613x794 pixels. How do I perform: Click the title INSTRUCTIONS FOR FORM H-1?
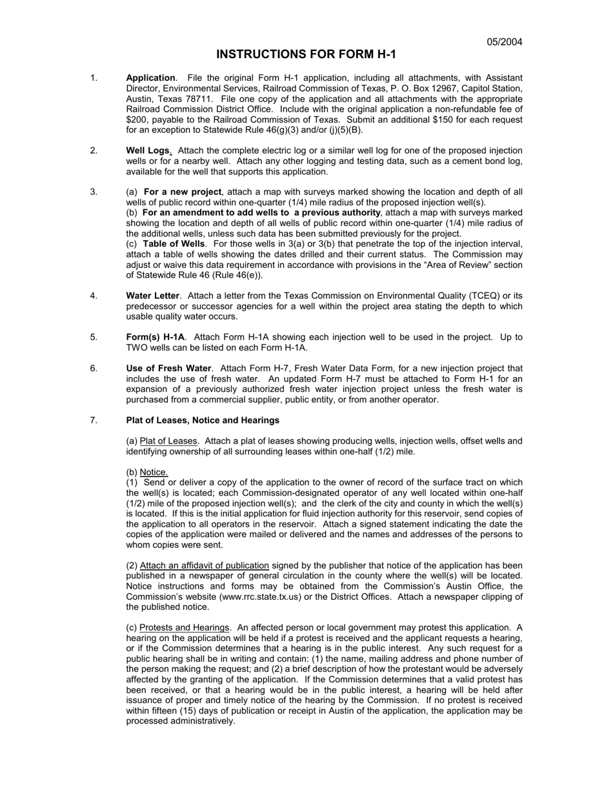click(306, 55)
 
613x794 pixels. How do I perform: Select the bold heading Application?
click(150, 78)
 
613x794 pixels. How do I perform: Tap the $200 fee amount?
click(136, 119)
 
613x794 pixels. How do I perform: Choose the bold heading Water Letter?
click(152, 296)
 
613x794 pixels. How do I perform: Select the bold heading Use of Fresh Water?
click(168, 368)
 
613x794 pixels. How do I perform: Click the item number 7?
click(94, 420)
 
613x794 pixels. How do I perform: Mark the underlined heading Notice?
click(154, 472)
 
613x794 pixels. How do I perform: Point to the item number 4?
click(94, 296)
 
